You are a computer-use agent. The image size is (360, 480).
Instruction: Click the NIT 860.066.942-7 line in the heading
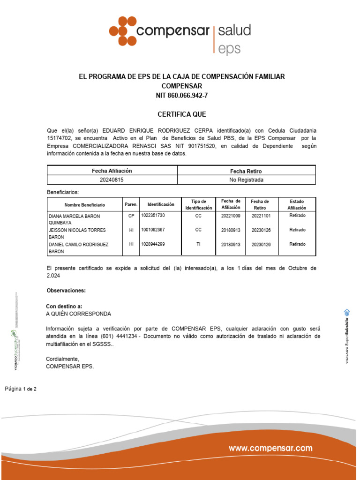(x=181, y=96)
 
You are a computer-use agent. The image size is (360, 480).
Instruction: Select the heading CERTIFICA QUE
(x=181, y=114)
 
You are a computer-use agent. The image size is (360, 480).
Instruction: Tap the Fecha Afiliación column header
(x=112, y=171)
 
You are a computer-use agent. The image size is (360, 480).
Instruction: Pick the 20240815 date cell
(x=112, y=180)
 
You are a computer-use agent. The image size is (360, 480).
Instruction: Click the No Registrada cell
(x=246, y=180)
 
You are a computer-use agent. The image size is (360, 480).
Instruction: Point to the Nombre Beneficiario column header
(x=85, y=205)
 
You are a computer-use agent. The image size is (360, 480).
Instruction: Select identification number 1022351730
(x=153, y=215)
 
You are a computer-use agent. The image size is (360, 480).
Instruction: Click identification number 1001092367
(x=153, y=230)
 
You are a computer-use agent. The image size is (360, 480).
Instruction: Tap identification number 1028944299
(x=153, y=244)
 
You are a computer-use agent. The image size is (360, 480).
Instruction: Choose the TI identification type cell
(x=198, y=244)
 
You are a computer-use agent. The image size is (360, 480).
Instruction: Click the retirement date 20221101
(x=261, y=216)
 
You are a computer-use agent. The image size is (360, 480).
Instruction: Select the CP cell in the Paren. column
(x=131, y=216)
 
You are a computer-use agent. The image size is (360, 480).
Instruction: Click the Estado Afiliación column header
(x=297, y=204)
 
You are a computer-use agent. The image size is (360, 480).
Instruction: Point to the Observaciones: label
(x=66, y=291)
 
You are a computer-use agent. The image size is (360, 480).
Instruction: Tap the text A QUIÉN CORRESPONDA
(x=78, y=314)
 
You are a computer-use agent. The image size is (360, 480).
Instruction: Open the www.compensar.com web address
(x=270, y=449)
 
